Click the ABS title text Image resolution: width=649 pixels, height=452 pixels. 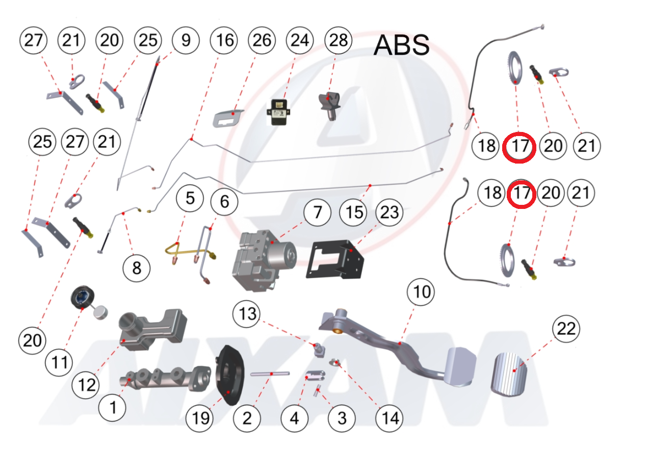click(401, 45)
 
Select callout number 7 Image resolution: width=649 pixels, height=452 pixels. click(318, 211)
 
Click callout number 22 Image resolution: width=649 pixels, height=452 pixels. click(566, 329)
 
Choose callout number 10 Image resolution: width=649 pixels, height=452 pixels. click(422, 293)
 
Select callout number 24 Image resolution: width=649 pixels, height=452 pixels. click(300, 41)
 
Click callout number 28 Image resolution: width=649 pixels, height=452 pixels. click(338, 41)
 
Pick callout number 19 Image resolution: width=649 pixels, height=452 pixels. click(200, 418)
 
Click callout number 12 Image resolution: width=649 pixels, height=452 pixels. click(86, 385)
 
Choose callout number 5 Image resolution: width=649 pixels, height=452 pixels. click(190, 198)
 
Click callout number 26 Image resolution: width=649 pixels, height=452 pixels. click(262, 41)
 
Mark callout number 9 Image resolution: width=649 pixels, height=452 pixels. click(186, 40)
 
